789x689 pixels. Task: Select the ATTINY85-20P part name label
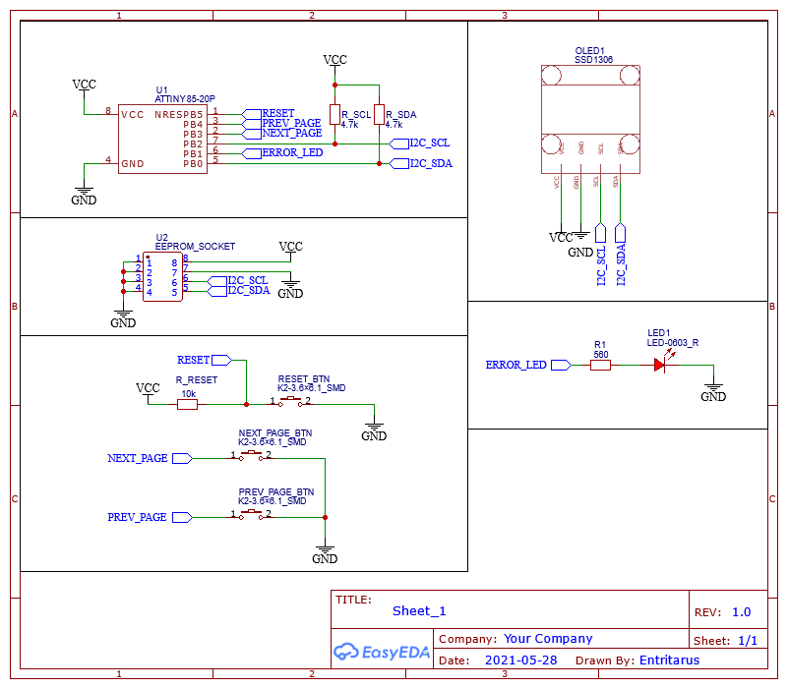[x=185, y=99]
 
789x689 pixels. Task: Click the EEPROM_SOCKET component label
[x=196, y=246]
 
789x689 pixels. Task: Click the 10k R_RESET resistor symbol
[x=187, y=403]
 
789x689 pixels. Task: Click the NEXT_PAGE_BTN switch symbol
[x=252, y=456]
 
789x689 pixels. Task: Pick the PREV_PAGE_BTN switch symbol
[x=252, y=514]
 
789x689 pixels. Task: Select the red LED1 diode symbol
[x=661, y=365]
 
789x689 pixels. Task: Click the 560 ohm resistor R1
[x=600, y=365]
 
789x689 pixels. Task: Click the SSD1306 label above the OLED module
[x=593, y=60]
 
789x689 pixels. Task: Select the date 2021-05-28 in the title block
[x=520, y=660]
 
